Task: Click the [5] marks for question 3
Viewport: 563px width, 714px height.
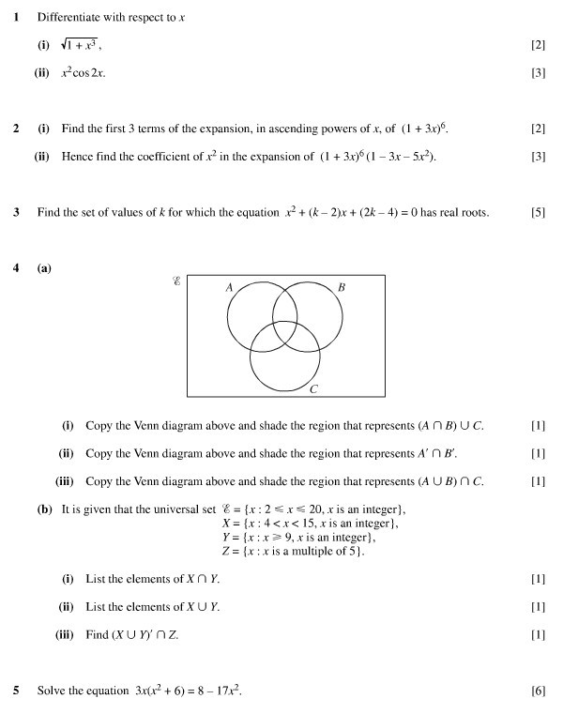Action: pyautogui.click(x=538, y=213)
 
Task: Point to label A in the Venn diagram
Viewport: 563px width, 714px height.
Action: pyautogui.click(x=229, y=287)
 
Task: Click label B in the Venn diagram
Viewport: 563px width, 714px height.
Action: pyautogui.click(x=341, y=287)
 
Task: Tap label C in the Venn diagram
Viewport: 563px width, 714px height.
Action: pyautogui.click(x=313, y=388)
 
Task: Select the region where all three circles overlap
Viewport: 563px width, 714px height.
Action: pyautogui.click(x=284, y=335)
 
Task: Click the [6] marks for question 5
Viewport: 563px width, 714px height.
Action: pyautogui.click(x=538, y=691)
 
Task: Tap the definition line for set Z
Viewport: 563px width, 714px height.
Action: pyautogui.click(x=292, y=551)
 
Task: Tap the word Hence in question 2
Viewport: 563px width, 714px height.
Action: pyautogui.click(x=77, y=157)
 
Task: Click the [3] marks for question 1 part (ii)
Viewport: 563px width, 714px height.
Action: pyautogui.click(x=538, y=72)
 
